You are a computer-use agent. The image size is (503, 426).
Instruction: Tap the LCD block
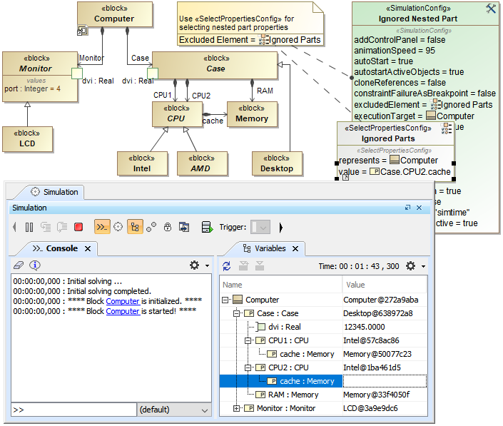(x=27, y=138)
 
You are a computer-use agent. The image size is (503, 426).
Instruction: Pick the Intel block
(x=141, y=163)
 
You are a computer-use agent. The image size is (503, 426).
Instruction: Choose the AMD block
(x=201, y=163)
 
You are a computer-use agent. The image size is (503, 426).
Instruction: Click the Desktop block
(x=276, y=163)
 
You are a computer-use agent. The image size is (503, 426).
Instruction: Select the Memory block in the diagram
(x=252, y=114)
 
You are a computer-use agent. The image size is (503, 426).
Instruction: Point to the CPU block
(x=176, y=114)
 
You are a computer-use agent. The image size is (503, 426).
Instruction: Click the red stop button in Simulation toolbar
(x=78, y=228)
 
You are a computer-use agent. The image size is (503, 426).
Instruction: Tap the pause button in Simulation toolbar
(x=29, y=228)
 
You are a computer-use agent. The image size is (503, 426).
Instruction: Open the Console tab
(x=61, y=248)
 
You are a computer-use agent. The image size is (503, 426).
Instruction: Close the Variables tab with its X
(x=296, y=248)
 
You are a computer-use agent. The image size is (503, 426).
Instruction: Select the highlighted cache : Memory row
(x=306, y=381)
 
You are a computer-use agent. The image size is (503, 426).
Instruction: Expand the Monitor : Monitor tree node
(x=237, y=408)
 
